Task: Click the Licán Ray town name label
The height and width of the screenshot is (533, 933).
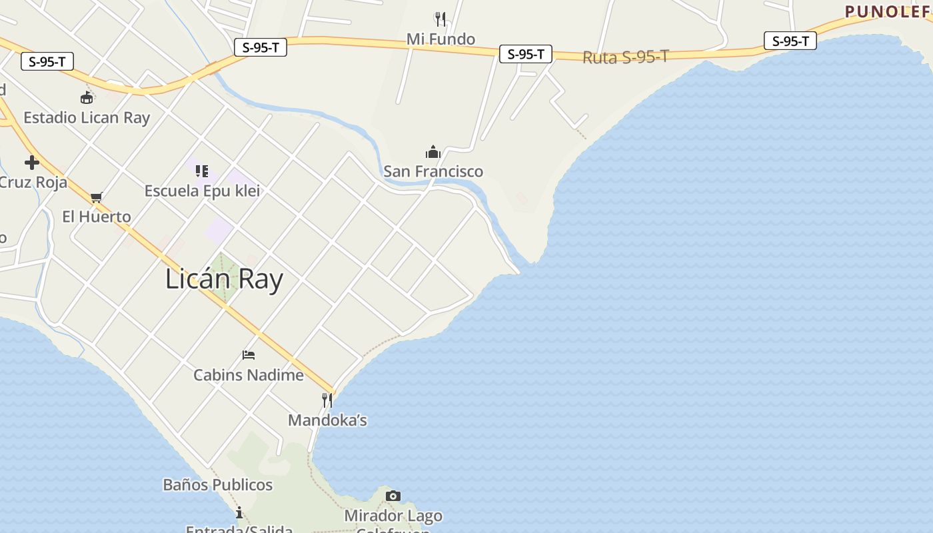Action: click(x=224, y=279)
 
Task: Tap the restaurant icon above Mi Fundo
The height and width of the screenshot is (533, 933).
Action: click(x=440, y=19)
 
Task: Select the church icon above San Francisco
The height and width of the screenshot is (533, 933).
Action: click(x=433, y=152)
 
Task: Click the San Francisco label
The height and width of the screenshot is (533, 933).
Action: click(x=433, y=171)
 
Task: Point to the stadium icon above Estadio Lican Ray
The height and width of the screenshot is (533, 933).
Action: click(x=87, y=98)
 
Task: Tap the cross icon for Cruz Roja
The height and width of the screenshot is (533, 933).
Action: click(x=31, y=163)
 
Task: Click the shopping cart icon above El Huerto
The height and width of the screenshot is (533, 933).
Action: click(x=97, y=197)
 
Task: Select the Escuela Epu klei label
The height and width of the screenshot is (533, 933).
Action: click(x=202, y=191)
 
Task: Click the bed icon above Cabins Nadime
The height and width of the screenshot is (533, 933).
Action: click(x=249, y=355)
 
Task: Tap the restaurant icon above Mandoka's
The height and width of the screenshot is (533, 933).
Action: click(x=327, y=400)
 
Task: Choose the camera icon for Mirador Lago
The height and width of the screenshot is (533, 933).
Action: click(x=393, y=496)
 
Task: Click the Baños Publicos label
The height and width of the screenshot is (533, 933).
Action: click(x=218, y=484)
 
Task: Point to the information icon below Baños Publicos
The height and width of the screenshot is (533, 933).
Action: click(x=239, y=512)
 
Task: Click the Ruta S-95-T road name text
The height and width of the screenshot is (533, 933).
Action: click(x=625, y=57)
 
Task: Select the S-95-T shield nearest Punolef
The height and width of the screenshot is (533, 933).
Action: click(x=790, y=41)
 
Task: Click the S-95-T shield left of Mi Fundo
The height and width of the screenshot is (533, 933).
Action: click(x=261, y=47)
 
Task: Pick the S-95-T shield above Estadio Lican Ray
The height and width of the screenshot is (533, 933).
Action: click(x=47, y=62)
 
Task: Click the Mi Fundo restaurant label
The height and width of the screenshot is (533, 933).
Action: click(x=441, y=39)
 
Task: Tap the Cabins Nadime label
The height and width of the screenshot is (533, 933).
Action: click(x=249, y=375)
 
